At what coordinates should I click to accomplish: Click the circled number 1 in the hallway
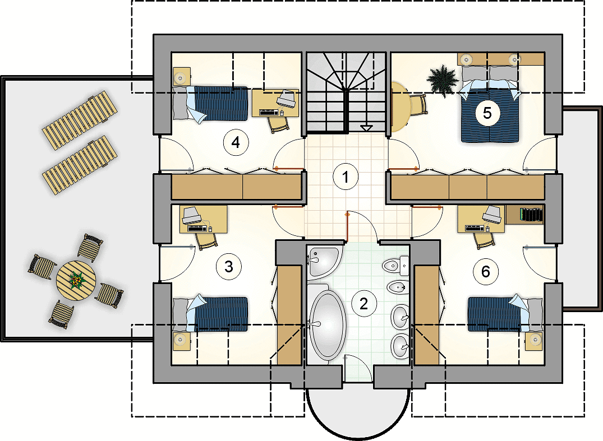[x=346, y=177]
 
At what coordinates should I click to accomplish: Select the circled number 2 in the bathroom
[x=363, y=304]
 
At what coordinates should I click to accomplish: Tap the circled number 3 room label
[x=228, y=266]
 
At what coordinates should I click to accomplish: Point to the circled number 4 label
[x=236, y=143]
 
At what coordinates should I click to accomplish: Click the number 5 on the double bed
[x=487, y=113]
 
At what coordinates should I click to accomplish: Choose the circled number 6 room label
[x=486, y=272]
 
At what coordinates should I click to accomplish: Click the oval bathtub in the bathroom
[x=327, y=324]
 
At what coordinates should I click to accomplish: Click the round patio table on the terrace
[x=76, y=281]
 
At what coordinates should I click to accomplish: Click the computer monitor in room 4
[x=287, y=98]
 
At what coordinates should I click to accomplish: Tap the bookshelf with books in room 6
[x=524, y=215]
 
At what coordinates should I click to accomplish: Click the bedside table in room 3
[x=182, y=341]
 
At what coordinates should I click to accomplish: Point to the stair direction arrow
[x=367, y=128]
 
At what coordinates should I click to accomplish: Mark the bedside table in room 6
[x=535, y=341]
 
